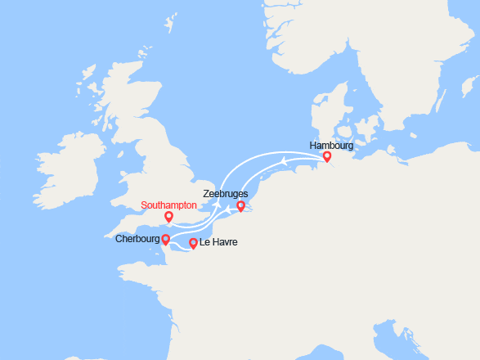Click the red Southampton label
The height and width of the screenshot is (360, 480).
tap(168, 205)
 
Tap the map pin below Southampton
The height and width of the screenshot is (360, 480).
tap(168, 217)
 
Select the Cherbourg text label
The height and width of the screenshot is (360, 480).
tap(137, 239)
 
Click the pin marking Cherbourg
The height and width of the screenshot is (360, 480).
tap(165, 239)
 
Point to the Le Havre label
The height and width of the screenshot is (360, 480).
tap(218, 243)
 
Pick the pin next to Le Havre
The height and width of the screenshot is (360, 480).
tap(193, 243)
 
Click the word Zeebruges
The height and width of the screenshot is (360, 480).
tap(226, 194)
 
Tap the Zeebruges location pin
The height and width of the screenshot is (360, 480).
tap(240, 206)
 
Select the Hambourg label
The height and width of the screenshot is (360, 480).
tap(331, 145)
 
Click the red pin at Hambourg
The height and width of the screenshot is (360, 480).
tap(327, 156)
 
